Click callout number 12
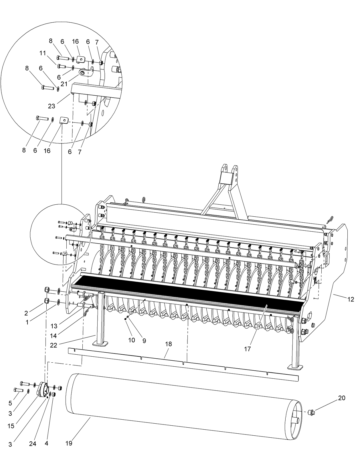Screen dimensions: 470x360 351,299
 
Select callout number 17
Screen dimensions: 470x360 248,349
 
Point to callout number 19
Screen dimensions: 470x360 69,443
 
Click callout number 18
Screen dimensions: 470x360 169,344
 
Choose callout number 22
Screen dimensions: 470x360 54,345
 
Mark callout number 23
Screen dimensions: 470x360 52,106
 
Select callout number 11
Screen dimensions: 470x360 43,53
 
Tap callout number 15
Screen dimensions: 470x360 11,426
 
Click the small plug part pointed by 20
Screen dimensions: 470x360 311,413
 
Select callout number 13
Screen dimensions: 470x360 54,326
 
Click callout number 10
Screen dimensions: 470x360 131,340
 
